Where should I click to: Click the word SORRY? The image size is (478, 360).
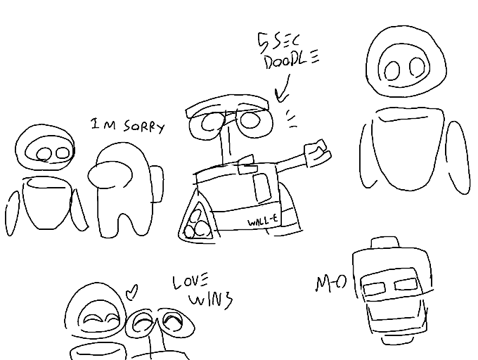click(x=143, y=127)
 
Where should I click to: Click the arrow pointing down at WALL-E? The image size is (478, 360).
click(x=283, y=90)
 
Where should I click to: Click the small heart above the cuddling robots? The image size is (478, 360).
click(x=131, y=290)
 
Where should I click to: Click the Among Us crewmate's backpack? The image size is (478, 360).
click(x=157, y=184)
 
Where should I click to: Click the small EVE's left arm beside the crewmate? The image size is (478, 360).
click(x=12, y=209)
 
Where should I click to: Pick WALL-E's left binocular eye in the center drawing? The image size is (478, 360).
click(x=213, y=122)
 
